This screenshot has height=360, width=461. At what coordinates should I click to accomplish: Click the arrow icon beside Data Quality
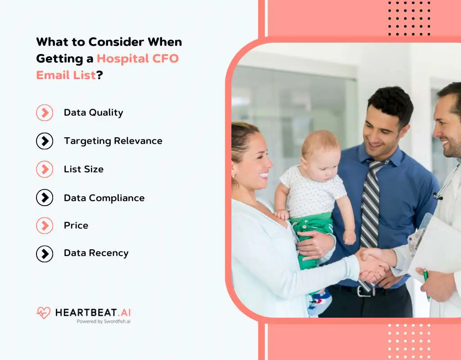click(45, 112)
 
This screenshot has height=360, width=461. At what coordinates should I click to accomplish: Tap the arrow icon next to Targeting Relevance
click(45, 141)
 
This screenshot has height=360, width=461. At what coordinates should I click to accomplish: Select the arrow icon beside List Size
click(45, 169)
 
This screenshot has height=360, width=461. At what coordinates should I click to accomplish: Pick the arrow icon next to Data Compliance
click(45, 198)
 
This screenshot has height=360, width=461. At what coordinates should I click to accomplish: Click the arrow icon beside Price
click(45, 225)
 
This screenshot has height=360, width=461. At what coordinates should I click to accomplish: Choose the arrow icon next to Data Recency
click(45, 253)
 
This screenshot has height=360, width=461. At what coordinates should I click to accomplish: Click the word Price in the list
click(76, 225)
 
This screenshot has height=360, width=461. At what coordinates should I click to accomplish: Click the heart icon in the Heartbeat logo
click(44, 313)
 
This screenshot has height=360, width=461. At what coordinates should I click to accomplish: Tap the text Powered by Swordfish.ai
click(104, 321)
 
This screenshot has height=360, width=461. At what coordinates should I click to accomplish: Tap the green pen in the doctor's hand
click(426, 283)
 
